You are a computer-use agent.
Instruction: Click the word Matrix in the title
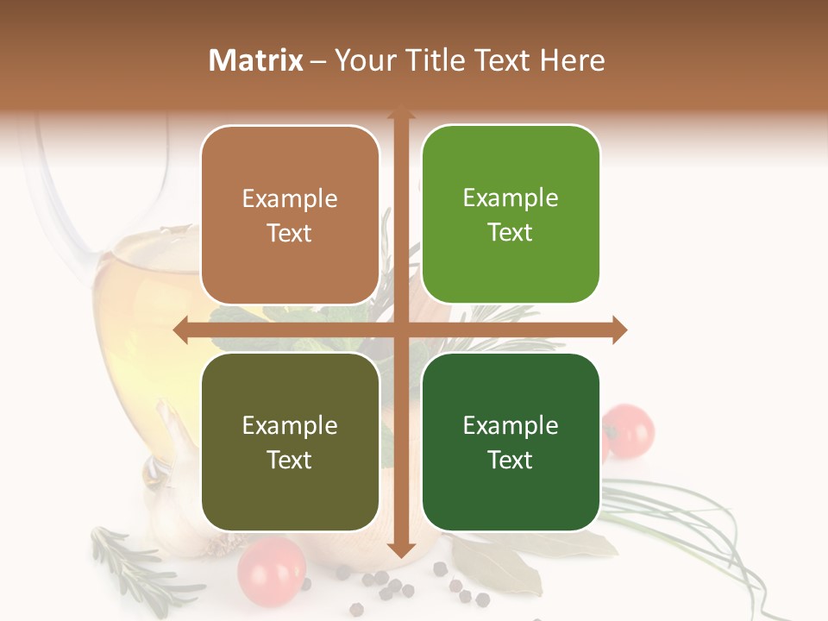point(256,60)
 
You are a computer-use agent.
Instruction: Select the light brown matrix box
point(290,216)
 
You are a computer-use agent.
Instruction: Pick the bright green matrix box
point(511,215)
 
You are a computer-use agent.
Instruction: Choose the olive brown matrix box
point(290,442)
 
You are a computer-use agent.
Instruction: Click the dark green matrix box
point(511,442)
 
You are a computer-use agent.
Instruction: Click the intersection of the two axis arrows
point(400,330)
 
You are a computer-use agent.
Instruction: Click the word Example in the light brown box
point(290,199)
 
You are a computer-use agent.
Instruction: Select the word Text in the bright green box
point(511,232)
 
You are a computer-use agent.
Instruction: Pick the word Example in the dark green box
point(511,425)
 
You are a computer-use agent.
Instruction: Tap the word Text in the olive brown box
point(290,460)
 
